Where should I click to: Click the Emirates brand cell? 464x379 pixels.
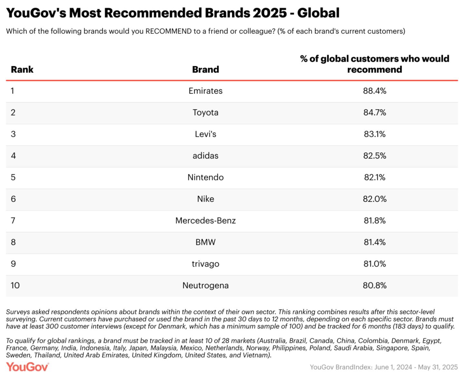pyautogui.click(x=206, y=91)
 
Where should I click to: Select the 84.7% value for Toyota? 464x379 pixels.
pyautogui.click(x=374, y=113)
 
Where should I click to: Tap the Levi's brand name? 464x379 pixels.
pyautogui.click(x=206, y=134)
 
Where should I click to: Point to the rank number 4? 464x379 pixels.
pyautogui.click(x=13, y=156)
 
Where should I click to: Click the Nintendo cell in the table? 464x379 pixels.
pyautogui.click(x=206, y=177)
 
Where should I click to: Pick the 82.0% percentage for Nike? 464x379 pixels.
pyautogui.click(x=374, y=199)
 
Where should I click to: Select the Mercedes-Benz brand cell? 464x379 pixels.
pyautogui.click(x=206, y=221)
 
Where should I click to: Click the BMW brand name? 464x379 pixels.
pyautogui.click(x=206, y=242)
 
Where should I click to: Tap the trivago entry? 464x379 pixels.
pyautogui.click(x=206, y=264)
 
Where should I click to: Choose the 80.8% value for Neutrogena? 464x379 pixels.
pyautogui.click(x=374, y=285)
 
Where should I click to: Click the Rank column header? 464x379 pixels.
pyautogui.click(x=22, y=69)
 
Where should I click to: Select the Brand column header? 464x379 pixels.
pyautogui.click(x=206, y=69)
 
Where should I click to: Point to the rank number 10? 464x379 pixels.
pyautogui.click(x=15, y=285)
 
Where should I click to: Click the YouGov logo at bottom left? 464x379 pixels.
pyautogui.click(x=27, y=367)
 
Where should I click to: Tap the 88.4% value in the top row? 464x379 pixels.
pyautogui.click(x=374, y=91)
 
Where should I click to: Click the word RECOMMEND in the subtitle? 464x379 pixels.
pyautogui.click(x=169, y=31)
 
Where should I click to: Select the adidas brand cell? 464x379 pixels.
pyautogui.click(x=206, y=156)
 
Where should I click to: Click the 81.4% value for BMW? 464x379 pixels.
pyautogui.click(x=374, y=242)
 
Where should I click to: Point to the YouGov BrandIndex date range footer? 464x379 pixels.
pyautogui.click(x=383, y=367)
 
